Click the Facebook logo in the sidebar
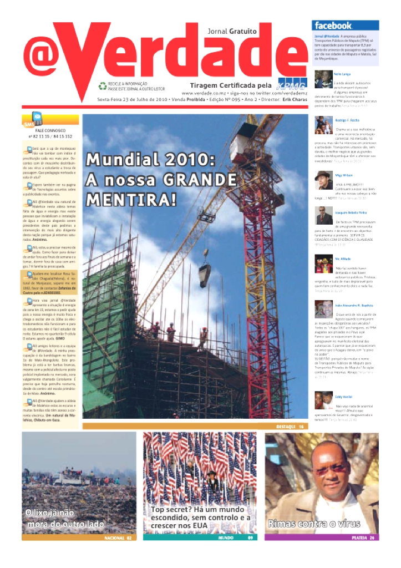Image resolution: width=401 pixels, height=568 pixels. pos(333,26)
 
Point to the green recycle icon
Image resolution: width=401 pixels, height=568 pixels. pos(102,86)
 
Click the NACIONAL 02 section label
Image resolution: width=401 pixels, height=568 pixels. pos(118,538)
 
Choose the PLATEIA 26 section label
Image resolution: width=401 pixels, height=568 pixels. pos(363,538)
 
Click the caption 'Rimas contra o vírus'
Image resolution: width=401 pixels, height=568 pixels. pos(314,524)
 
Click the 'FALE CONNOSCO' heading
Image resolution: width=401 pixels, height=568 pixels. pos(50,130)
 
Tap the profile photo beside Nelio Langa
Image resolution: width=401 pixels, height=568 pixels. pos(323,80)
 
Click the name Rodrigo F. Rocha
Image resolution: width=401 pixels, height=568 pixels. pos(348,120)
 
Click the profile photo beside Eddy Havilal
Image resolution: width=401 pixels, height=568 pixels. pos(323,400)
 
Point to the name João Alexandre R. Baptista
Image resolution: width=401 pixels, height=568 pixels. pos(354,305)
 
